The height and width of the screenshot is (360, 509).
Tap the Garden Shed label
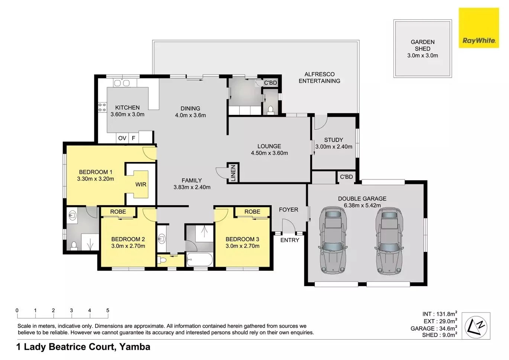[x=422, y=45]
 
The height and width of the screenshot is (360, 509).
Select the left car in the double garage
[x=333, y=240]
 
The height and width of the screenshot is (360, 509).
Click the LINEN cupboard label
[x=233, y=173]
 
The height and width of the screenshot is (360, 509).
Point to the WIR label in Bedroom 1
[x=140, y=184]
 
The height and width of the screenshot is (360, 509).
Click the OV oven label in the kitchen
[x=122, y=138]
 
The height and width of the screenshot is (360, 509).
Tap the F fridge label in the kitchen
[x=133, y=138]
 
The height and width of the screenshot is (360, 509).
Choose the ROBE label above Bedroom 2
[x=118, y=211]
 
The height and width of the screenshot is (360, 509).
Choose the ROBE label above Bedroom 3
[x=252, y=211]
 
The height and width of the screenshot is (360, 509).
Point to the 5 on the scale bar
[x=108, y=311]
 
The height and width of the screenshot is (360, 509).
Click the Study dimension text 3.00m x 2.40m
[x=334, y=147]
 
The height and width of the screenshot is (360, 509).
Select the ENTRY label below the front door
[x=290, y=240]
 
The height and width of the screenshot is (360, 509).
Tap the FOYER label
[x=289, y=210]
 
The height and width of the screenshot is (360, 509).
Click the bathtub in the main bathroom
[x=200, y=259]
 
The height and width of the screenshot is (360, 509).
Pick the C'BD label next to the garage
[x=346, y=177]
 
